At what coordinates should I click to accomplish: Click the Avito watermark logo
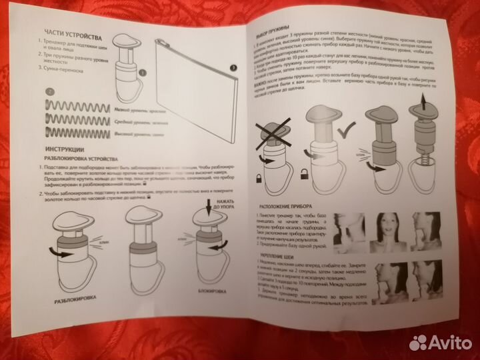pos(438,343)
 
